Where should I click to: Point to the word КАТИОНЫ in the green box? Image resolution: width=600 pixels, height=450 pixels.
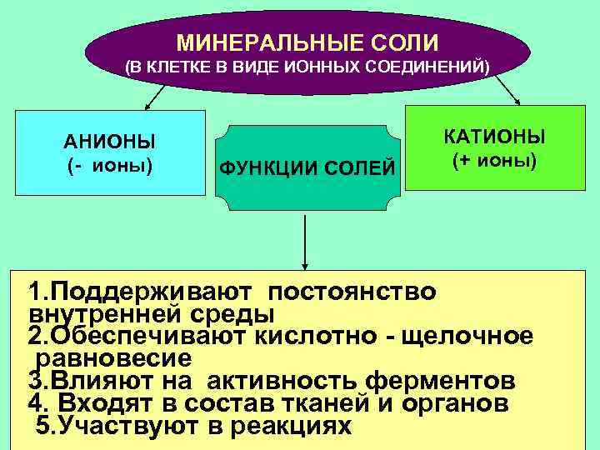[x=494, y=136]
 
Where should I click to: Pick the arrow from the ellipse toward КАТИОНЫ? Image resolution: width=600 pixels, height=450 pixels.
[x=507, y=90]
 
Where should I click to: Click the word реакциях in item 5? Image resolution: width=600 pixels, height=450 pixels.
[x=282, y=426]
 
